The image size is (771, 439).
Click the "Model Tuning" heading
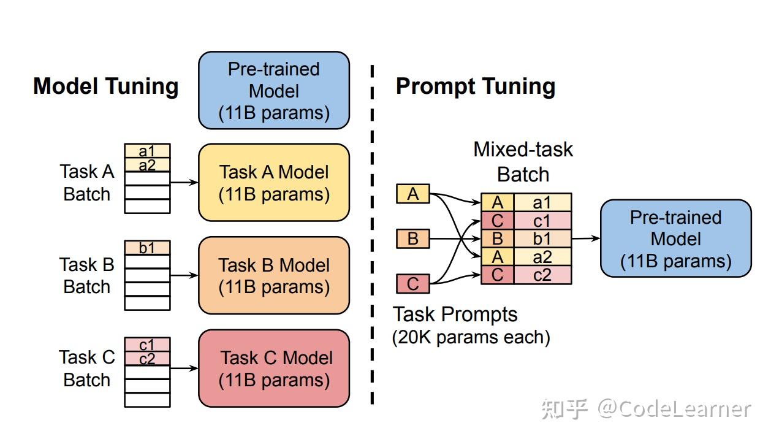click(x=105, y=86)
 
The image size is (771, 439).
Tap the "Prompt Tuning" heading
click(x=476, y=86)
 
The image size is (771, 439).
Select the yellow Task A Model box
click(x=274, y=183)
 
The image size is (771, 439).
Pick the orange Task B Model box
click(x=274, y=275)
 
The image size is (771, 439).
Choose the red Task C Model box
click(x=274, y=368)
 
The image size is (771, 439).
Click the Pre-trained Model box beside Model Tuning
click(x=274, y=90)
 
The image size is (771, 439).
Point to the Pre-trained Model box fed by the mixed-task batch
click(x=675, y=239)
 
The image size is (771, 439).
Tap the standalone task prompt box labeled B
click(x=413, y=239)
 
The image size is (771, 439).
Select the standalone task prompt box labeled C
click(x=413, y=284)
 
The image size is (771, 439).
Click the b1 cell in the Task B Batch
click(x=147, y=248)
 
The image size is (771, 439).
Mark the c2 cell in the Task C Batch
click(x=147, y=359)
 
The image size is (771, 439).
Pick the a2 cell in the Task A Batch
click(x=147, y=164)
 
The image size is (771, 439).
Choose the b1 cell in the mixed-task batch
click(x=542, y=239)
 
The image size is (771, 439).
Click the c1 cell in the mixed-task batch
click(x=542, y=221)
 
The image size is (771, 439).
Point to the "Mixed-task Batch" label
click(x=523, y=162)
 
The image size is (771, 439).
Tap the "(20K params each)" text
click(x=471, y=337)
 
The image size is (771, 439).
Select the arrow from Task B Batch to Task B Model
click(x=184, y=275)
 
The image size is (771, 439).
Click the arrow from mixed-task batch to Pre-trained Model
click(x=585, y=239)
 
